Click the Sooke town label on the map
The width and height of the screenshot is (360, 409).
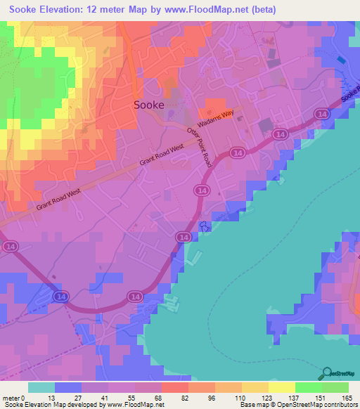[149, 105]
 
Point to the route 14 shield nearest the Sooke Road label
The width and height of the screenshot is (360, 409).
[321, 113]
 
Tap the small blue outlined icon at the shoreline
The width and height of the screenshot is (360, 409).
[205, 226]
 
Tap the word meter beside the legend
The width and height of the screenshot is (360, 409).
[11, 398]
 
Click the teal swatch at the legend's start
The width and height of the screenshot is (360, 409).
[41, 387]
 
